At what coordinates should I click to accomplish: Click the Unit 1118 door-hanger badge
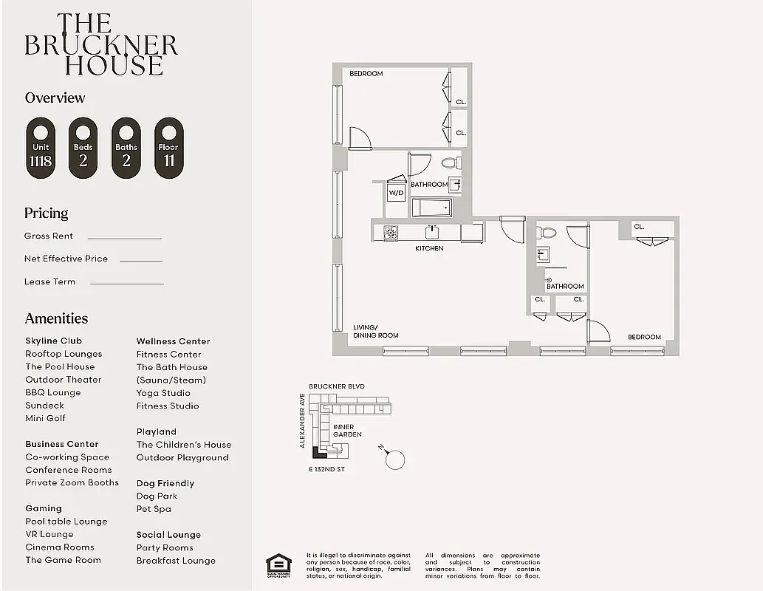coord(41,148)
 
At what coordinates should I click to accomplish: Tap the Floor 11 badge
coord(168,148)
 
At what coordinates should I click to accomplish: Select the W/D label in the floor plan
coord(397,194)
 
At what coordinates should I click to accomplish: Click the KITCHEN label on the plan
coord(429,248)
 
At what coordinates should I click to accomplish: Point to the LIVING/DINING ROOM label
coord(375,331)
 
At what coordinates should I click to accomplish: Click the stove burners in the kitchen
coord(391,232)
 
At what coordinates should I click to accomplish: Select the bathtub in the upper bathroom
coord(431,208)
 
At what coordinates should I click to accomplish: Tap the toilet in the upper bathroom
coord(449,163)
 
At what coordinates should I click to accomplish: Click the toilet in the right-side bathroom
coord(547,232)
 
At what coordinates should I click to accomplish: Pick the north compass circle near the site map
coord(396,460)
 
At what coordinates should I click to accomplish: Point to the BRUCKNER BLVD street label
coord(336,386)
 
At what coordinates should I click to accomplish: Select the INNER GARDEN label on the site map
coord(346,431)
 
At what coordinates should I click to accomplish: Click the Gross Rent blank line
coord(124,238)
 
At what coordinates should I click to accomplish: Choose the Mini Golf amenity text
coord(45,418)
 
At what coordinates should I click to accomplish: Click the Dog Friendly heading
coord(165,483)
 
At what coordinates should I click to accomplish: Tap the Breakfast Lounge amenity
coord(176,561)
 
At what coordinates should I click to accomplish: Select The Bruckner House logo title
coord(101,45)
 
